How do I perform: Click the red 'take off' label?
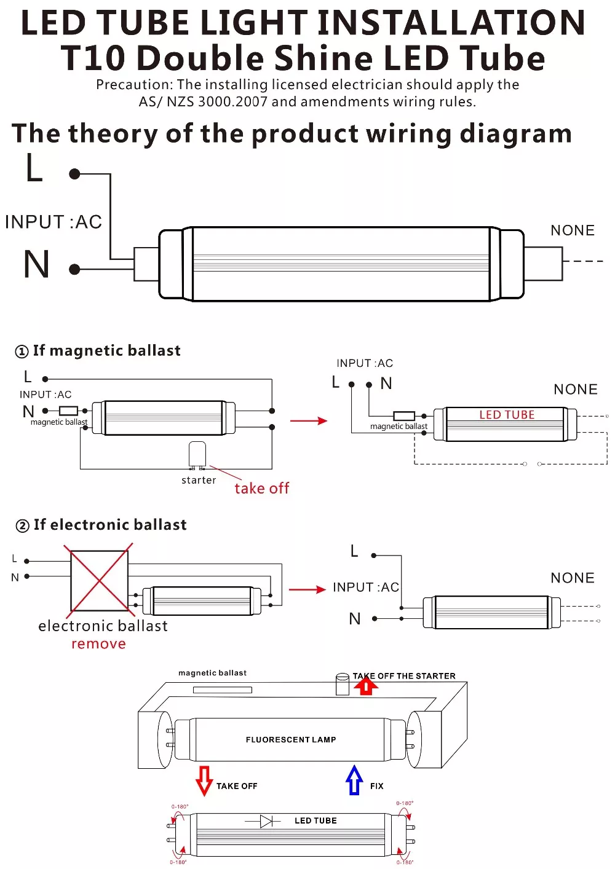pos(261,489)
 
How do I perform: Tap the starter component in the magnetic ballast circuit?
pos(197,455)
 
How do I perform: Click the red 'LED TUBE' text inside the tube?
pos(507,415)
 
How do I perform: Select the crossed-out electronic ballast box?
pos(99,580)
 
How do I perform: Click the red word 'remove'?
pos(98,644)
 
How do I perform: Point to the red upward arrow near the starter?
pos(366,685)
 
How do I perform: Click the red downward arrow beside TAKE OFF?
pos(204,780)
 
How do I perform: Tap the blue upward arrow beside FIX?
pos(354,780)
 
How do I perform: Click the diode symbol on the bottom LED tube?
pos(266,821)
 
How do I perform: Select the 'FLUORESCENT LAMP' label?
pos(291,739)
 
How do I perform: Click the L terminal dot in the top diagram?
pos(75,174)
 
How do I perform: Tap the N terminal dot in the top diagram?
pos(75,269)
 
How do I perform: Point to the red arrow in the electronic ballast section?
pos(307,589)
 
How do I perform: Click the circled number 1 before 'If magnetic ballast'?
pos(22,352)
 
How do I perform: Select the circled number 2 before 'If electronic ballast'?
pos(22,525)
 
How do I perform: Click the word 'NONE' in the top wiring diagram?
pos(573,230)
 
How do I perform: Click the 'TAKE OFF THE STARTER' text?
pos(404,676)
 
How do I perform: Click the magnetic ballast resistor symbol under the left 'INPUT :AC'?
pos(68,411)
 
